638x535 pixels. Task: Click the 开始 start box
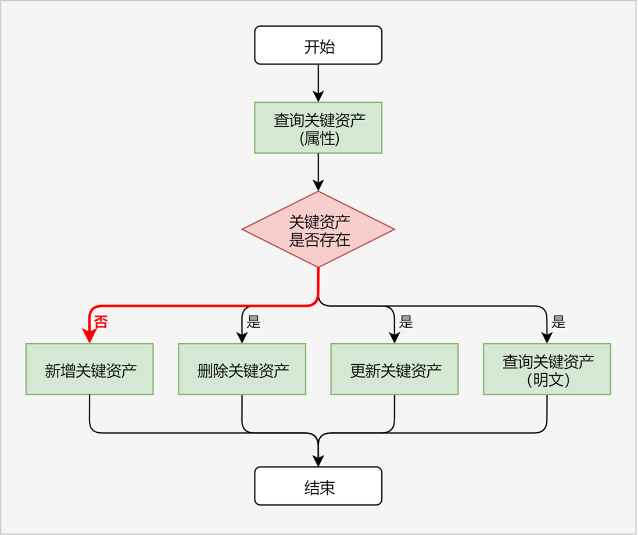point(318,45)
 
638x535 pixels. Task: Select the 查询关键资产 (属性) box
point(318,128)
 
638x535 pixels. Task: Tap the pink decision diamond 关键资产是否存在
point(318,229)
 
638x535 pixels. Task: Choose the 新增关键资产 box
point(89,369)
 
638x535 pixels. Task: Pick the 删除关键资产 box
point(242,369)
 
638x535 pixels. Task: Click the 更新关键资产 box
point(395,369)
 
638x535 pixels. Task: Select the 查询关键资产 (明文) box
point(547,369)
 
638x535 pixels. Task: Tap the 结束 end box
point(318,486)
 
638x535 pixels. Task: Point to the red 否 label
point(101,322)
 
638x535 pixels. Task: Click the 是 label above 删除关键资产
point(253,322)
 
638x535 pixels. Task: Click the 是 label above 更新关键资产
point(406,322)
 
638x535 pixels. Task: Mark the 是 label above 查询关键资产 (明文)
point(558,322)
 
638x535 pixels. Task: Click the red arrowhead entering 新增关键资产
point(89,336)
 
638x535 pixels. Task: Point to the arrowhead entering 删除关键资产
point(242,337)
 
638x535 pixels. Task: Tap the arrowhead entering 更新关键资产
point(395,337)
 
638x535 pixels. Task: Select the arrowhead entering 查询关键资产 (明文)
point(547,337)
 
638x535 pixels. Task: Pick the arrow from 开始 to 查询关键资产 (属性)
point(318,81)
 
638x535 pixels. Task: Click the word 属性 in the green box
point(318,139)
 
